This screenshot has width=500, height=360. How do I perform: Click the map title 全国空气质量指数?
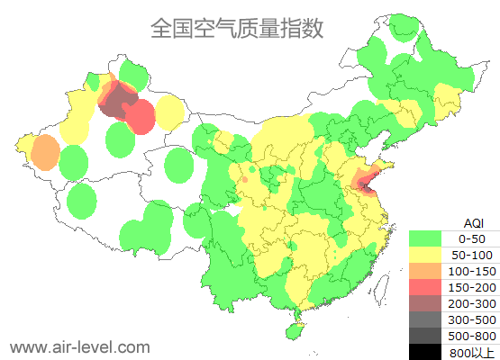(x=236, y=29)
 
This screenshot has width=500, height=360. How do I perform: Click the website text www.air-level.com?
(x=79, y=346)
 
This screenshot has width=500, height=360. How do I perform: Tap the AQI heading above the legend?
(x=473, y=222)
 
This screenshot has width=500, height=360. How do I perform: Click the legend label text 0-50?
(x=472, y=238)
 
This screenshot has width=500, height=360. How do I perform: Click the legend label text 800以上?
(x=472, y=352)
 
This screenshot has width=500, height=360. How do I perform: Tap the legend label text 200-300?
(x=472, y=303)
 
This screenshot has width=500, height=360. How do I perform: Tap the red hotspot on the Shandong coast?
(x=365, y=184)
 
